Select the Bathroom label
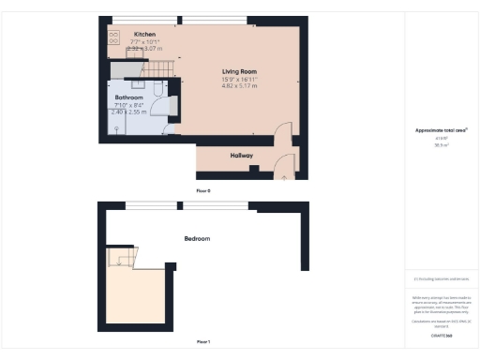[128, 97]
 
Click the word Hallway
[242, 156]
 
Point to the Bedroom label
[197, 239]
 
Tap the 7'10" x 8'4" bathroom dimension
[128, 105]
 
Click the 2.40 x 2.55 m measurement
[128, 112]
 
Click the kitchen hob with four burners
[113, 37]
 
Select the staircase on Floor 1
[120, 256]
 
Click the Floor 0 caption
[203, 190]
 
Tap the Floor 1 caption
[203, 341]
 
